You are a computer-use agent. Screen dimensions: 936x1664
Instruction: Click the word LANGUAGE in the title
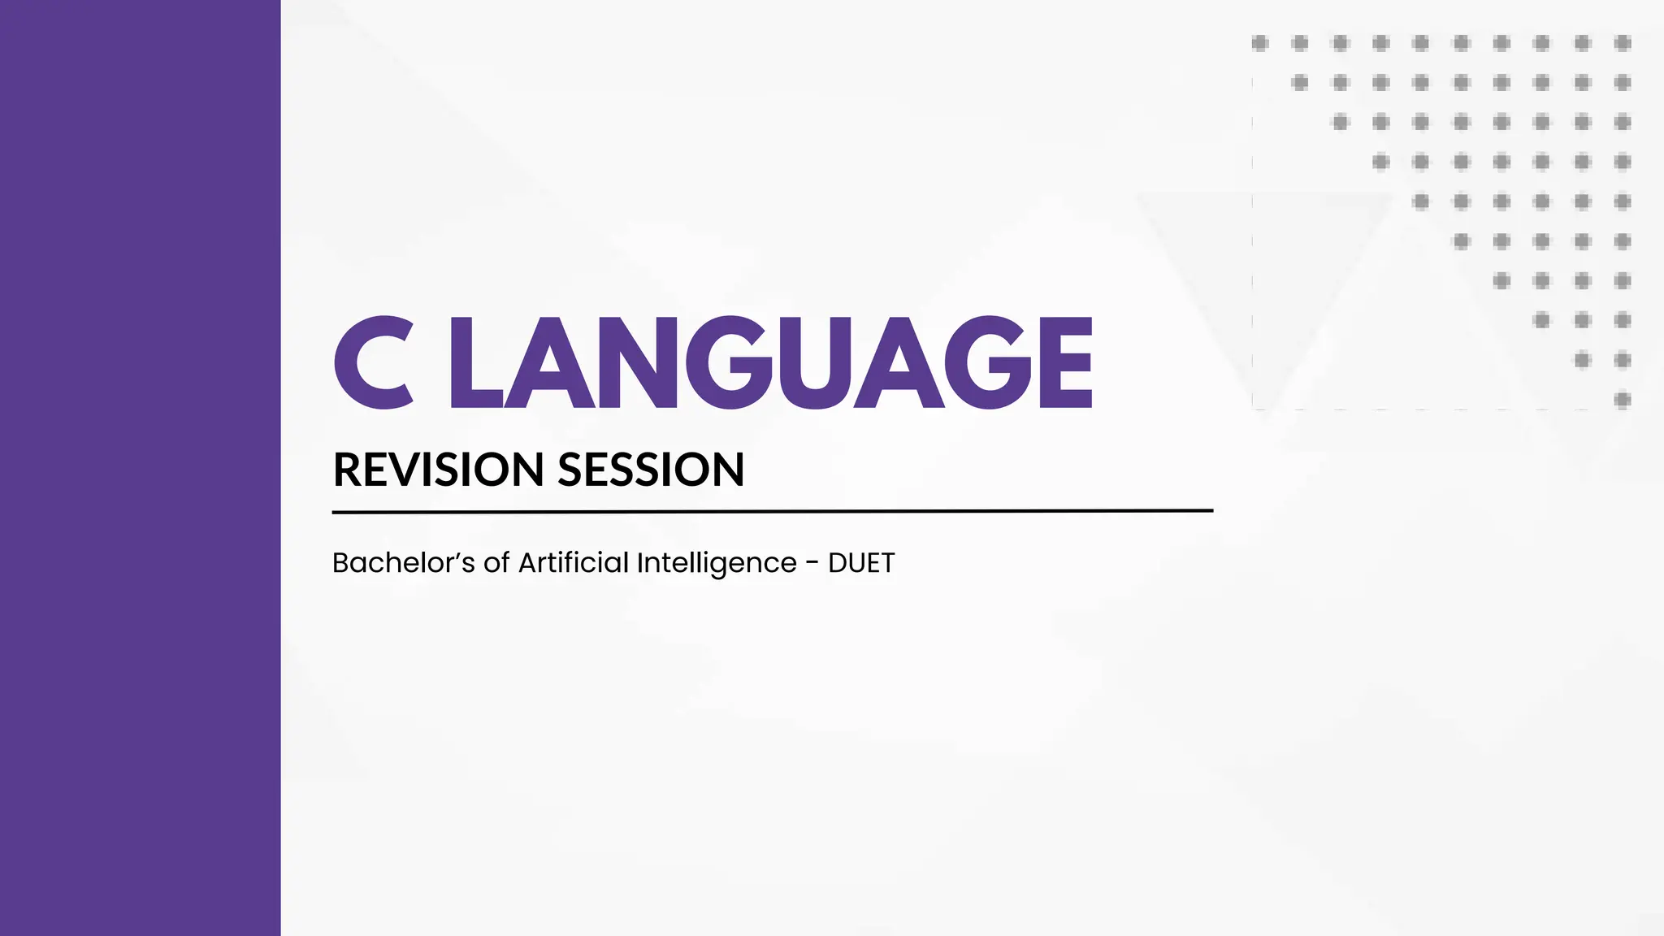(770, 362)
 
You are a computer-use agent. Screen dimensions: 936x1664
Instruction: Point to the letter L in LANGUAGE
(473, 362)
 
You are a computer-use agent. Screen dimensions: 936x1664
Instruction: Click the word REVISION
(438, 470)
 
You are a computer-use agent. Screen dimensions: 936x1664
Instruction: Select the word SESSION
(651, 470)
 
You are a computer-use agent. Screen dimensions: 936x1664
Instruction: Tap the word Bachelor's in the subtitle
(403, 562)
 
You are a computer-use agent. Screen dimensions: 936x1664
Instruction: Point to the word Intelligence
(717, 562)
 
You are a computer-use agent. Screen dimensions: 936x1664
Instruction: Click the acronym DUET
(861, 562)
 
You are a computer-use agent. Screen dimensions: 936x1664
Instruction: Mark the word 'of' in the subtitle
(496, 562)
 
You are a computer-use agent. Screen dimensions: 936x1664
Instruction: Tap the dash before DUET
(812, 563)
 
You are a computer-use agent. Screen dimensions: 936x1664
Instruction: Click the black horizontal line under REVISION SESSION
(772, 511)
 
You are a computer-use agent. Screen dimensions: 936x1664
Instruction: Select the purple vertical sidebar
(140, 468)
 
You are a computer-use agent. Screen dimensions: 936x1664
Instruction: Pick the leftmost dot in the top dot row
(1260, 43)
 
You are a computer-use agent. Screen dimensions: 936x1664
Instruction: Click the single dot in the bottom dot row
(1623, 399)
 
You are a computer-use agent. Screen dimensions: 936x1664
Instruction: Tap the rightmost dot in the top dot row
(1623, 43)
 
